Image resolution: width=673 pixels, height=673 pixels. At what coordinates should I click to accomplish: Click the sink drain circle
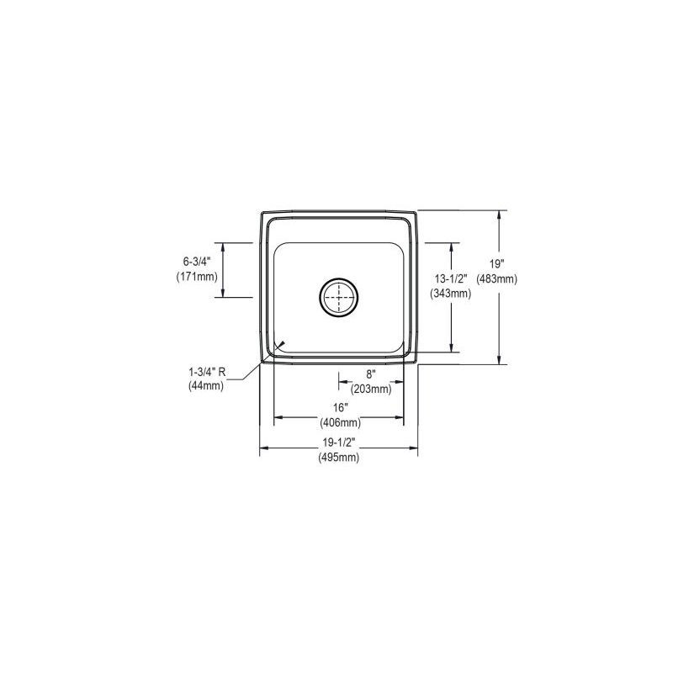pos(339,297)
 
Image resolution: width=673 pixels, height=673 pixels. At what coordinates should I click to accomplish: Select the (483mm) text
pos(496,278)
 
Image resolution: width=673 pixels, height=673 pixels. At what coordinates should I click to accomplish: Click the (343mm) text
pos(450,293)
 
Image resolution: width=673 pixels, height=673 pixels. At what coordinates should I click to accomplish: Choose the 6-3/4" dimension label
pos(194,262)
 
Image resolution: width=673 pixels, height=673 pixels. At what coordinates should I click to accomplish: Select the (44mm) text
pos(204,386)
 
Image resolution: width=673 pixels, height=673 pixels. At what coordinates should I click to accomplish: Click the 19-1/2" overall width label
pos(338,444)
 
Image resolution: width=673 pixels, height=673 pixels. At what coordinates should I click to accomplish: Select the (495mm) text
pos(338,458)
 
